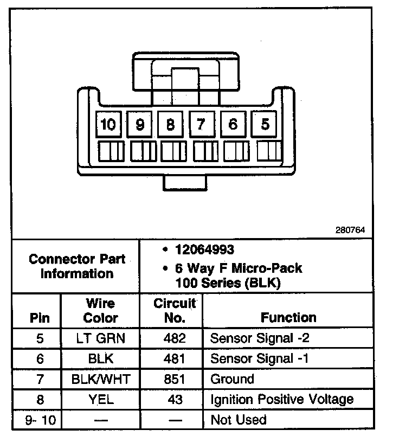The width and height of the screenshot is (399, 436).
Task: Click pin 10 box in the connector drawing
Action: [x=109, y=125]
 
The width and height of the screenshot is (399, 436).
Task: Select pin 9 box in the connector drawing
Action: [x=140, y=125]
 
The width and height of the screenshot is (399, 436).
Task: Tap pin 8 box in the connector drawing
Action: [x=171, y=125]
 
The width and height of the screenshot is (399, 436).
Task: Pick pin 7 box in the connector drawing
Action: [x=201, y=125]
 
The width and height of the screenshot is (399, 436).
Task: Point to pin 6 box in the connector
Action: [x=233, y=125]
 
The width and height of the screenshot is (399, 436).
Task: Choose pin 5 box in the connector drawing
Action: [x=265, y=125]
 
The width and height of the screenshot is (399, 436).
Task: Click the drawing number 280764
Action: [x=350, y=230]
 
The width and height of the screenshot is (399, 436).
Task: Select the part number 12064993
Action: [x=204, y=250]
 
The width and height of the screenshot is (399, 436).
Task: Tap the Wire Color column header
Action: [x=100, y=310]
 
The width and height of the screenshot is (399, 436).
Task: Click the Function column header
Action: [x=288, y=317]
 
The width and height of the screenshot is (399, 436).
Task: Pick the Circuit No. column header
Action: [x=175, y=310]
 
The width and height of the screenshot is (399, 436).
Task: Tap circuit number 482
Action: [x=175, y=338]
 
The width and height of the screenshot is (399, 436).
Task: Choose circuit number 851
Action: [x=175, y=379]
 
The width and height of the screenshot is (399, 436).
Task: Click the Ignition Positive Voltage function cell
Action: [x=281, y=400]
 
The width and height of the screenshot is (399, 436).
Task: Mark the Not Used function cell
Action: [x=239, y=420]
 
